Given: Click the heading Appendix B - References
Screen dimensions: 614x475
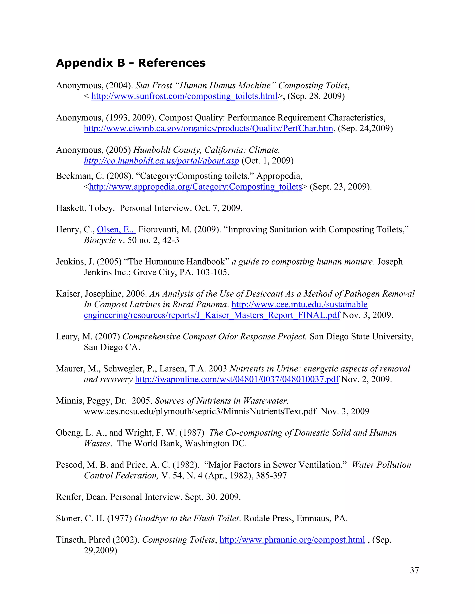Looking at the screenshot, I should (x=131, y=63).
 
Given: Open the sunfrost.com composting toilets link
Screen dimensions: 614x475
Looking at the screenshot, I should (x=184, y=96).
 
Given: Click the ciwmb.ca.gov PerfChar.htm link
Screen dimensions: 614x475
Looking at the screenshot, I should (x=208, y=129).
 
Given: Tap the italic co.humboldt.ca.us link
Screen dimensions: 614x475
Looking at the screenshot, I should (x=161, y=161).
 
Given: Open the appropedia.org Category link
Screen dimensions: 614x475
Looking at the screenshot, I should (x=195, y=187).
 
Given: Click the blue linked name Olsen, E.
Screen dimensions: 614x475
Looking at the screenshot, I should (x=116, y=230).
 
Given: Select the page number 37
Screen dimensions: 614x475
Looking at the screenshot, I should (x=414, y=570).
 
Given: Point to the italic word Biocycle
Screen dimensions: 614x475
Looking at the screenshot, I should (x=99, y=240).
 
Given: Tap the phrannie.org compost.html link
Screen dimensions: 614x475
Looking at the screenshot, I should (x=292, y=540).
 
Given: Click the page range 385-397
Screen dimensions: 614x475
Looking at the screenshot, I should (x=271, y=476).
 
